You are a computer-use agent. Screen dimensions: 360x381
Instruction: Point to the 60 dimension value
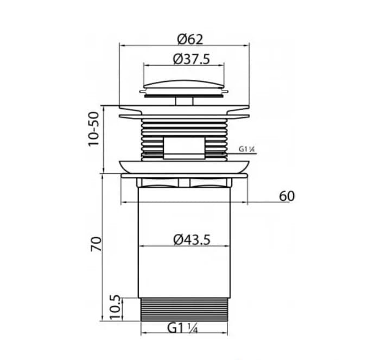click(287, 196)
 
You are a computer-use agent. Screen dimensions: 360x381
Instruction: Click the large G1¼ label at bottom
click(182, 328)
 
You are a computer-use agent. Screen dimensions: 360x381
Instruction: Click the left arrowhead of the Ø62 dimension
click(120, 46)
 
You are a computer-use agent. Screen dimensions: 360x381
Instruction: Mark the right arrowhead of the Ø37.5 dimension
click(222, 66)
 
